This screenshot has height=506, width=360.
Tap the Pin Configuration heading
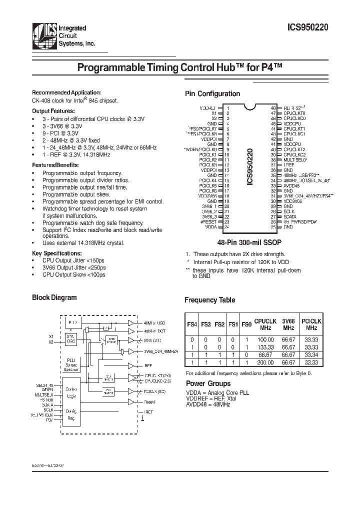212,93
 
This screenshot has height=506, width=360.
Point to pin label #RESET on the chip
209,221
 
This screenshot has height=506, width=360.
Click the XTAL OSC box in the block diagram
70,339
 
